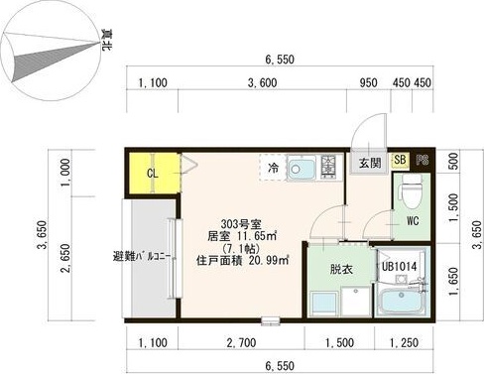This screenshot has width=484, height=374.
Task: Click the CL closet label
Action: click(153, 175)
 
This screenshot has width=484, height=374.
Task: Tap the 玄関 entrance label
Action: click(369, 163)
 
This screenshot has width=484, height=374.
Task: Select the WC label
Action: click(411, 220)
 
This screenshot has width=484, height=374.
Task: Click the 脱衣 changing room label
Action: click(329, 267)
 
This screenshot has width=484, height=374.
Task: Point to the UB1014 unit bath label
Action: click(400, 266)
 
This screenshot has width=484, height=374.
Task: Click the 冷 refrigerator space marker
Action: click(273, 169)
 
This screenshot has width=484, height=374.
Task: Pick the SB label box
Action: click(400, 160)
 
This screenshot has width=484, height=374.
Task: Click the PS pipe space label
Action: click(423, 160)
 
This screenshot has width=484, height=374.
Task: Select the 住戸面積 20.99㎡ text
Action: click(243, 261)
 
